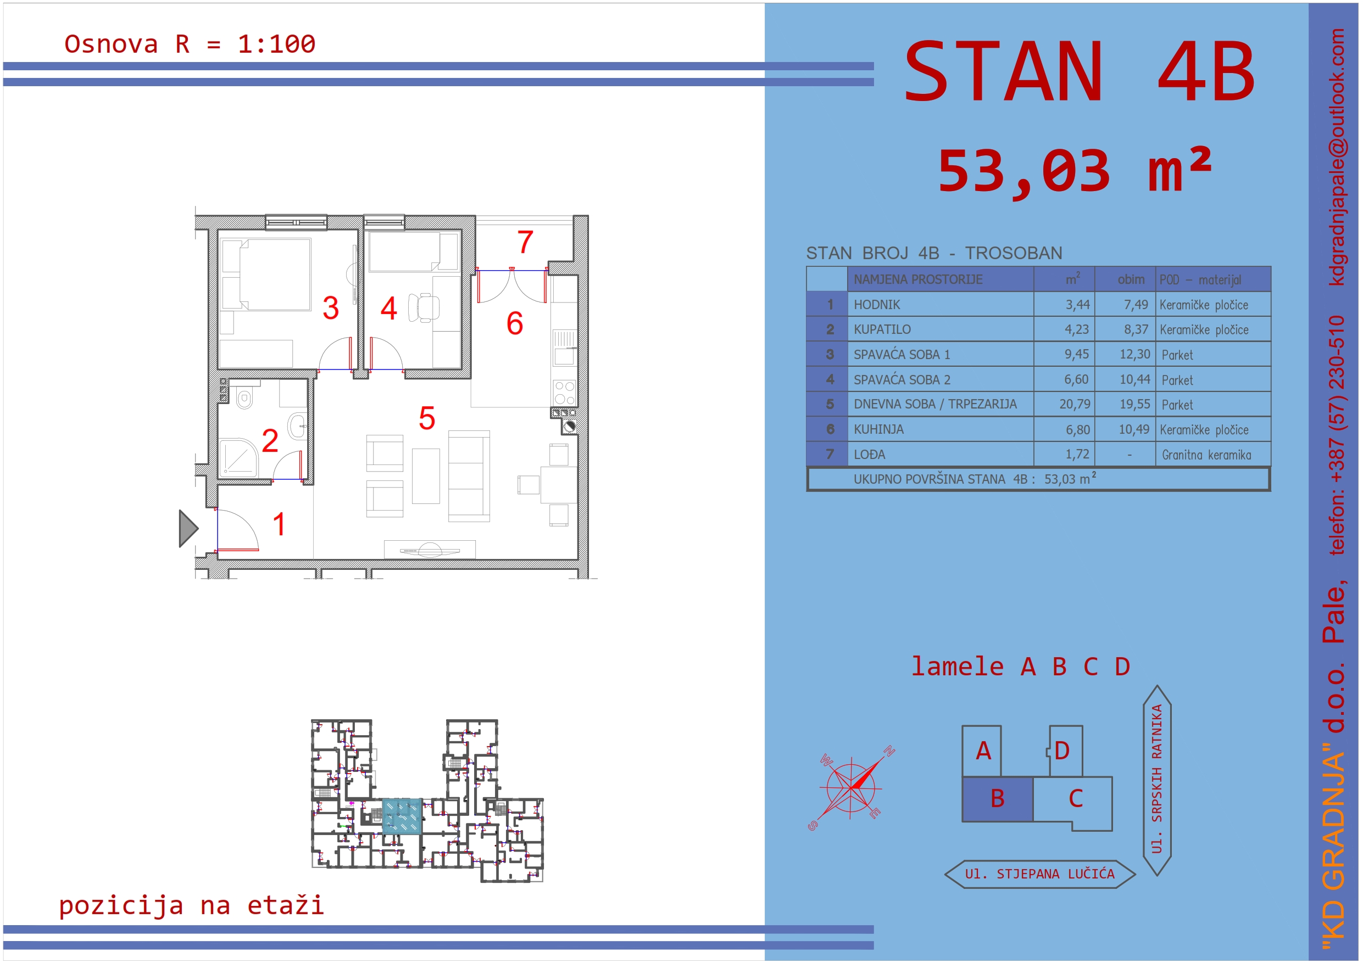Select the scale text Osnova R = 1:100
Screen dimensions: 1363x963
[x=190, y=44]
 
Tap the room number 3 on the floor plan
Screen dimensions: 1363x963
[x=331, y=308]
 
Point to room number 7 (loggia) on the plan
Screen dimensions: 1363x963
[x=525, y=242]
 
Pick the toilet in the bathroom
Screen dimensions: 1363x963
[x=244, y=397]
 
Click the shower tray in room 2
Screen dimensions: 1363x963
[x=238, y=457]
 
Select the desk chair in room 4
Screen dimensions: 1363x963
[x=425, y=307]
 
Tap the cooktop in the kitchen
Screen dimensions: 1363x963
[x=564, y=392]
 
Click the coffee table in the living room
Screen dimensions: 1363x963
[x=426, y=476]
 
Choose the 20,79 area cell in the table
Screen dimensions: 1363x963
[x=1075, y=404]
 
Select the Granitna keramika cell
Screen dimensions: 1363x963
[x=1206, y=455]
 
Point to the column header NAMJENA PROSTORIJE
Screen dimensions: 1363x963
[x=918, y=279]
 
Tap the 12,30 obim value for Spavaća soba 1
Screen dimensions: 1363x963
[x=1134, y=354]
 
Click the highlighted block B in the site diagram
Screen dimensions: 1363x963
[x=997, y=799]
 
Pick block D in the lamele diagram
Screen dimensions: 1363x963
[x=1066, y=751]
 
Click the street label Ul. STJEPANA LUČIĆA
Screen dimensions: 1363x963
[x=1039, y=874]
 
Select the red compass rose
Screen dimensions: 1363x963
[x=852, y=788]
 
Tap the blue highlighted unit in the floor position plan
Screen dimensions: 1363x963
[x=402, y=817]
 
